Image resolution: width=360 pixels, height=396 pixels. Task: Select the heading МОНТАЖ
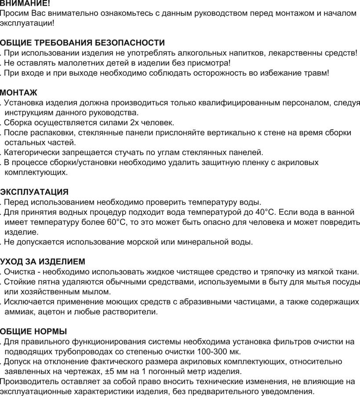tap(19, 92)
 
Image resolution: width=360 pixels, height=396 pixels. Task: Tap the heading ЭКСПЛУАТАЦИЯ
tap(34, 192)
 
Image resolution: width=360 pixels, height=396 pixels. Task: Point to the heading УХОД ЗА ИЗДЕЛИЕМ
tap(43, 261)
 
